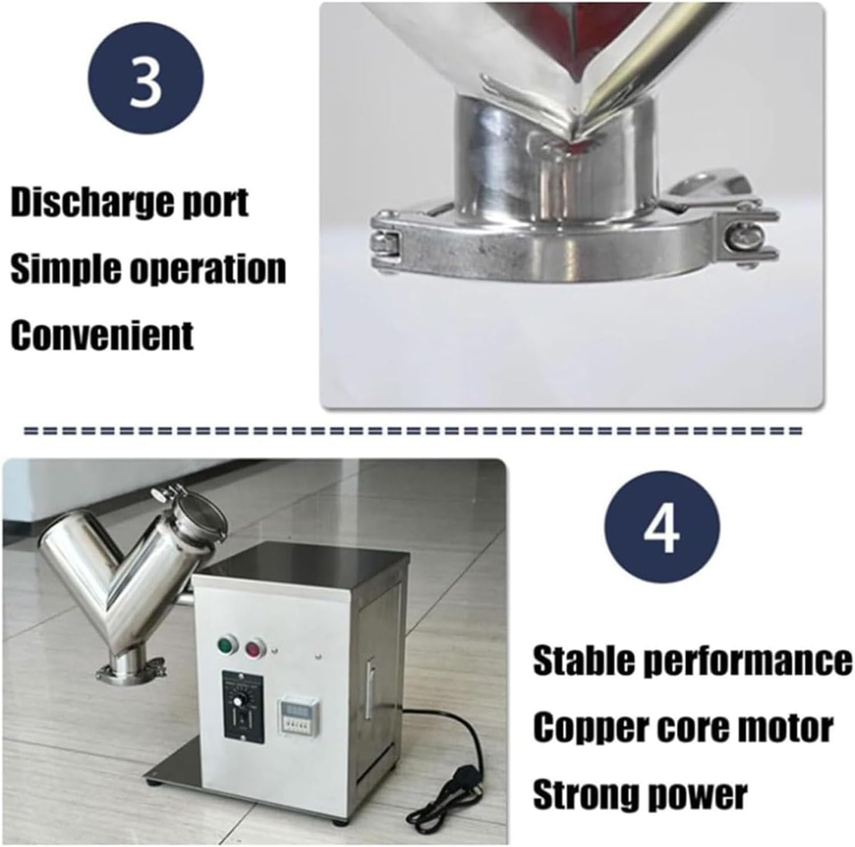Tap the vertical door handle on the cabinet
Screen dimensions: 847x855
coord(370,689)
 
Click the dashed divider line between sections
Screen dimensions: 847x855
coord(413,431)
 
